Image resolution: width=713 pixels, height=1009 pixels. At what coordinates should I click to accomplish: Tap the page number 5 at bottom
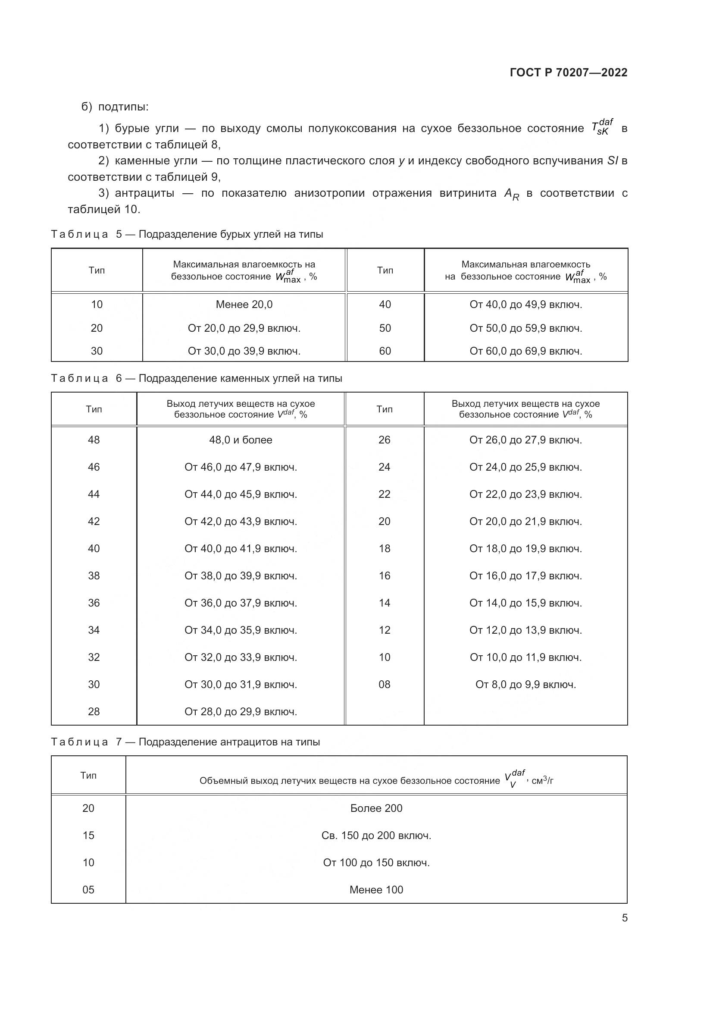[624, 918]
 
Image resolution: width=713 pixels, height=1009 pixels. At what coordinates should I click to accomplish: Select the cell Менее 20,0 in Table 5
[244, 305]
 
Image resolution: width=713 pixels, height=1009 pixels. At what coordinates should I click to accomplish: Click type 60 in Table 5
[385, 351]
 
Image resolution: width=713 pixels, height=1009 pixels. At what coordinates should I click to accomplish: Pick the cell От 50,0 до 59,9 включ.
[525, 328]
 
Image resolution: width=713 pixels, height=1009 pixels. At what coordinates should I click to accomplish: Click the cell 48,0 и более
[241, 440]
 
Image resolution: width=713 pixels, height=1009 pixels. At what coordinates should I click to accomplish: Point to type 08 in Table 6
[384, 684]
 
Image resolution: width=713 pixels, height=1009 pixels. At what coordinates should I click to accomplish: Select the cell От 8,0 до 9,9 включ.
[525, 684]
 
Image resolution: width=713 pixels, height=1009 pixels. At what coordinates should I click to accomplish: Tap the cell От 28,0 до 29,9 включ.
[241, 711]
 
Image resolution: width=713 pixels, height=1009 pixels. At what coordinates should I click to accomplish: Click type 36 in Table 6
[94, 603]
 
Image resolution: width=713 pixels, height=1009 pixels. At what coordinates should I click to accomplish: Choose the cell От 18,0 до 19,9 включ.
[525, 548]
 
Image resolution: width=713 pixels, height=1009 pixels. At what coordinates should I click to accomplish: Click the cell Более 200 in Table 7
[376, 808]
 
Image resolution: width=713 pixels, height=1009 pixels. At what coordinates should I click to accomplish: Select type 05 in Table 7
[88, 890]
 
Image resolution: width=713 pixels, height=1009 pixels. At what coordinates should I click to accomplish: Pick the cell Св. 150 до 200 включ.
[376, 836]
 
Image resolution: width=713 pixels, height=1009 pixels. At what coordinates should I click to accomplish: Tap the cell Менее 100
[376, 890]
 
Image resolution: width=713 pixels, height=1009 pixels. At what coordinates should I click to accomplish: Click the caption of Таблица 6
[196, 378]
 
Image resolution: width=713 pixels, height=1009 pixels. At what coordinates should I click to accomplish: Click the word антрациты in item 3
[144, 193]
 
